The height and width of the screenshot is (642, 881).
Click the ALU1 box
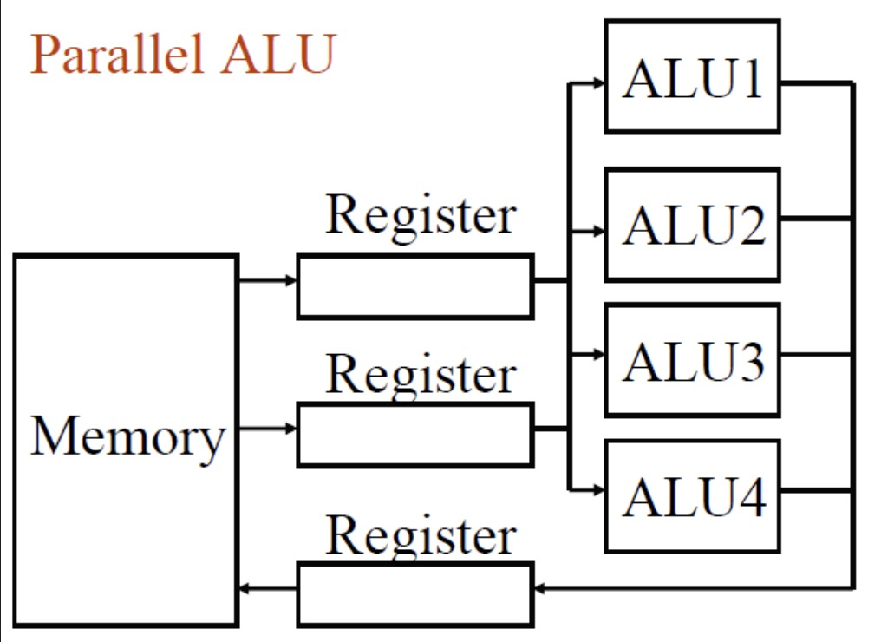[692, 76]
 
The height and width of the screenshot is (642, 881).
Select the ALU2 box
[692, 225]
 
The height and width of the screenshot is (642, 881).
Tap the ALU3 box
[692, 359]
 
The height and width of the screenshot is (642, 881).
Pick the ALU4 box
[692, 495]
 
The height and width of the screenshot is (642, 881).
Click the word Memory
[127, 436]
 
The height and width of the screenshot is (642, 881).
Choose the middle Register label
[421, 374]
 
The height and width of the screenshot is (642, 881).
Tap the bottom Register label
[421, 534]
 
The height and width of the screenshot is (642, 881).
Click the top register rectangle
[414, 286]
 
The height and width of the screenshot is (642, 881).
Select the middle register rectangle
[414, 435]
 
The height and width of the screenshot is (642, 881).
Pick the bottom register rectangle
[414, 595]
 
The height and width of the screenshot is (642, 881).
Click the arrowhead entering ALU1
[597, 83]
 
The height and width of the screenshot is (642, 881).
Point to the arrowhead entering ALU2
[597, 232]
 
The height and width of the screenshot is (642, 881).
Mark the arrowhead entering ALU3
[597, 354]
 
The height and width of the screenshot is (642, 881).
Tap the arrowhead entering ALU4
[597, 489]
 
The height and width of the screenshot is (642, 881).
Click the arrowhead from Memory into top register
[290, 280]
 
